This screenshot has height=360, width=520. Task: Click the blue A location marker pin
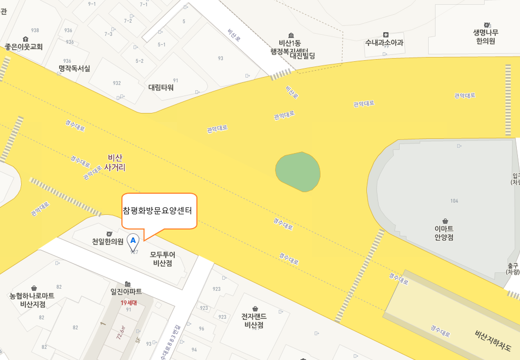133,241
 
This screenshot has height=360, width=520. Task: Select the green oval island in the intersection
298,170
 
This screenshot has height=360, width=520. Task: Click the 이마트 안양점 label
444,233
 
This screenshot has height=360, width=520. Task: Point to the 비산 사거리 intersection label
115,162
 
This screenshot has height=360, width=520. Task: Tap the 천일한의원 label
108,242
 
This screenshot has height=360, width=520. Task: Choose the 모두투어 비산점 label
163,259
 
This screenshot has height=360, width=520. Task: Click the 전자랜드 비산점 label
255,320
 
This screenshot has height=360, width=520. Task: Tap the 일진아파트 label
126,291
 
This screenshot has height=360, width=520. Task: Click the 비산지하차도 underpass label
493,341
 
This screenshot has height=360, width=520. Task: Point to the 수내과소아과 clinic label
384,42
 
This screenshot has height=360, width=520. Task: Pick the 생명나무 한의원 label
486,36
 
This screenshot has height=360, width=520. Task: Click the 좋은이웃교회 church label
24,46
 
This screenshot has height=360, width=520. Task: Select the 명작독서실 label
74,69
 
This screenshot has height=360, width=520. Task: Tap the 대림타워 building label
161,87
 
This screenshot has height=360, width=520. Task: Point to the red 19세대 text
128,302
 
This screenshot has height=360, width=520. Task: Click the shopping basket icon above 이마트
445,221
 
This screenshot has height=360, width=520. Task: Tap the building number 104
454,201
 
